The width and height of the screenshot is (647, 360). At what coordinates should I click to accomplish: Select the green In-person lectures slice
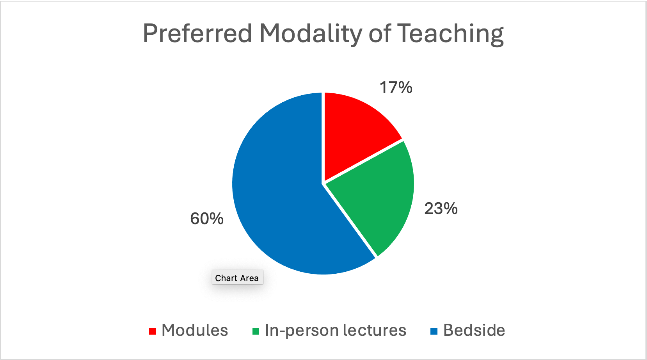[375, 196]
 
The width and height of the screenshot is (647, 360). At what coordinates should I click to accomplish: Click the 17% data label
[396, 87]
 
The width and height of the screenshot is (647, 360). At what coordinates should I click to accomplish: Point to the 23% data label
[441, 209]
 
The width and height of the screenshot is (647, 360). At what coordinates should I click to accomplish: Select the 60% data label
[207, 218]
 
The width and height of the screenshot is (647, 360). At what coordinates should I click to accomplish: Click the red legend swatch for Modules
[152, 331]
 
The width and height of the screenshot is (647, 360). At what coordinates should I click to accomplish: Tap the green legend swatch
[256, 331]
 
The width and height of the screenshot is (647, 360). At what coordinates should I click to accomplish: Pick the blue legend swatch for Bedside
[434, 331]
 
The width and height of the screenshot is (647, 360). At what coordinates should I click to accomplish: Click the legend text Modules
[195, 330]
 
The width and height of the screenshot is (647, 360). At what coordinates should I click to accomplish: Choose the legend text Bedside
[474, 330]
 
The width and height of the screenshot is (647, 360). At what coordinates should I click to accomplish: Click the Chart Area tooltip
[237, 277]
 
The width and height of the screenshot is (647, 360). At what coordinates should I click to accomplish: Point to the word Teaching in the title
[451, 34]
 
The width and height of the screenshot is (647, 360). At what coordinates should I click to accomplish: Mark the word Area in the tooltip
[249, 278]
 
